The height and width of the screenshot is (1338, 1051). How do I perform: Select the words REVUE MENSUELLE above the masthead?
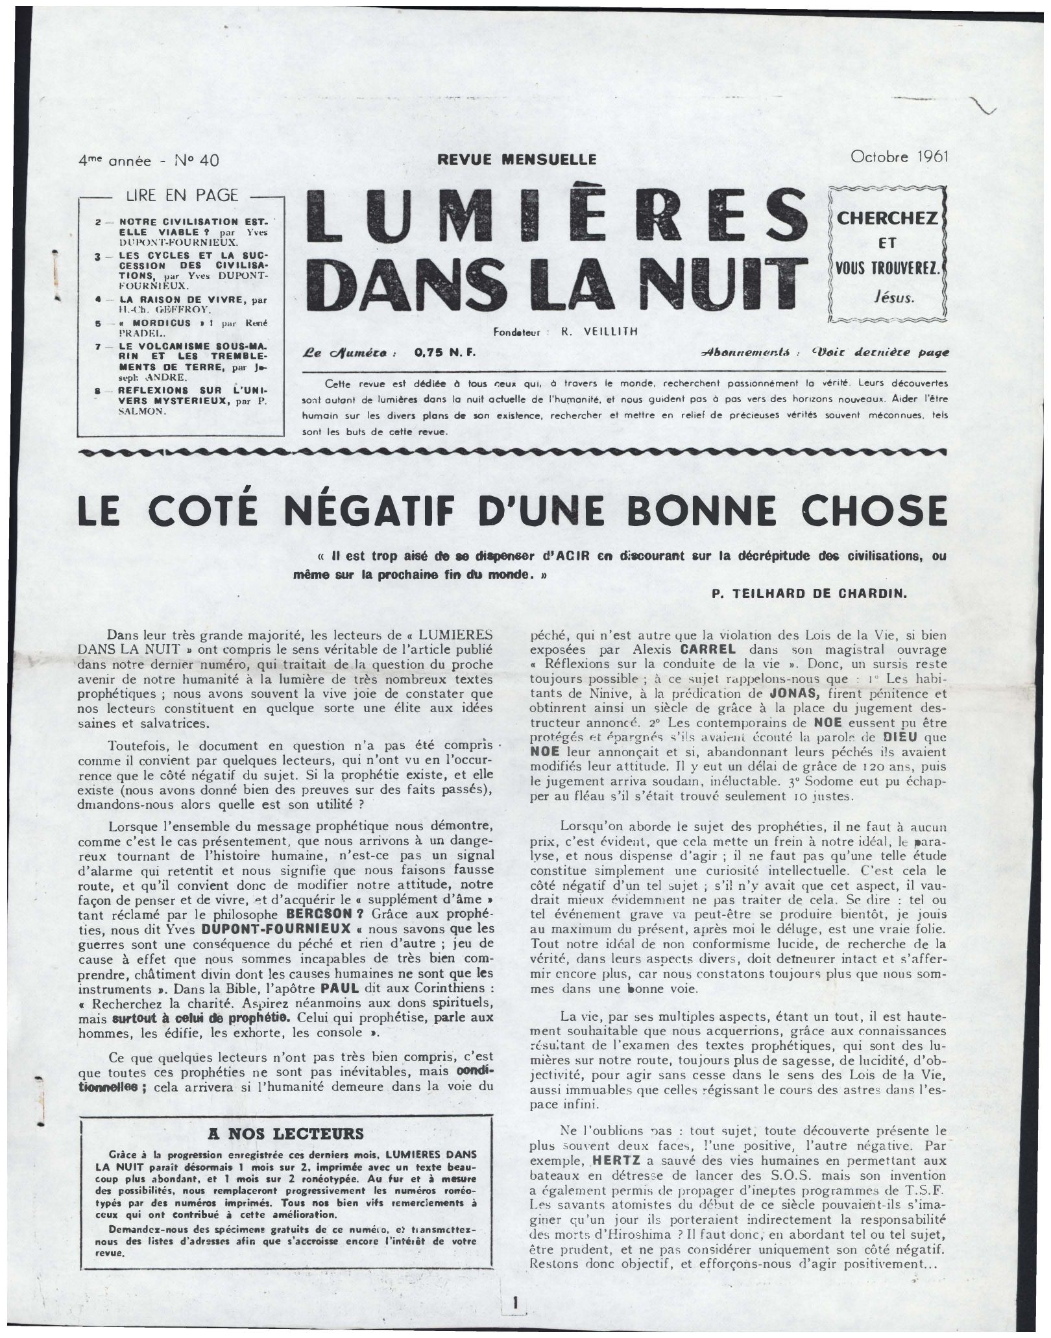pos(516,158)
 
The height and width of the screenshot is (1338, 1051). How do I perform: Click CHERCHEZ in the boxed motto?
pos(887,218)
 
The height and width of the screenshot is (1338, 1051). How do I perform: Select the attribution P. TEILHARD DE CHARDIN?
pos(808,592)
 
